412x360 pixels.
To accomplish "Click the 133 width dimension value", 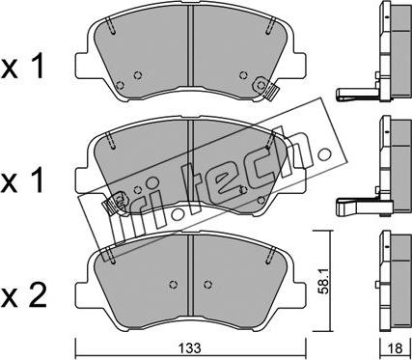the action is click(x=190, y=348).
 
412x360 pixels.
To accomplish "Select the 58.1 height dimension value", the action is click(x=323, y=281).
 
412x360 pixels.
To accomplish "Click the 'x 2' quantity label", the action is click(x=24, y=294).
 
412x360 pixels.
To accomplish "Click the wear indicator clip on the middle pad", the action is click(x=113, y=203).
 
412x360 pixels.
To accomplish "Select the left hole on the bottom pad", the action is click(x=174, y=285).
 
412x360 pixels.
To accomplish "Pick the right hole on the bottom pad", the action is click(x=208, y=285).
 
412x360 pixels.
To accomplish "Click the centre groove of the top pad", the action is click(x=190, y=46).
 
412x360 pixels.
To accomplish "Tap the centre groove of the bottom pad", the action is click(x=190, y=275).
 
